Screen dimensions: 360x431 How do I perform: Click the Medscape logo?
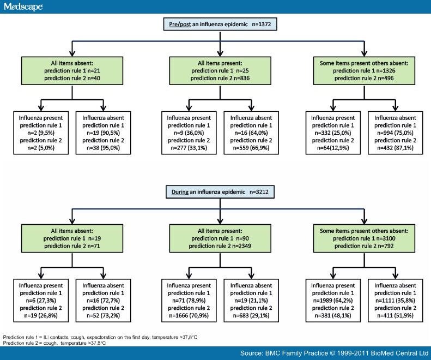[23, 7]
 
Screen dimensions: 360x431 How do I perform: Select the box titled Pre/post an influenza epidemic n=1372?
[219, 25]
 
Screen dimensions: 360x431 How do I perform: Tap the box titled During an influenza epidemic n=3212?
[219, 192]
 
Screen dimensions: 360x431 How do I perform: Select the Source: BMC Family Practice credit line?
[333, 353]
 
